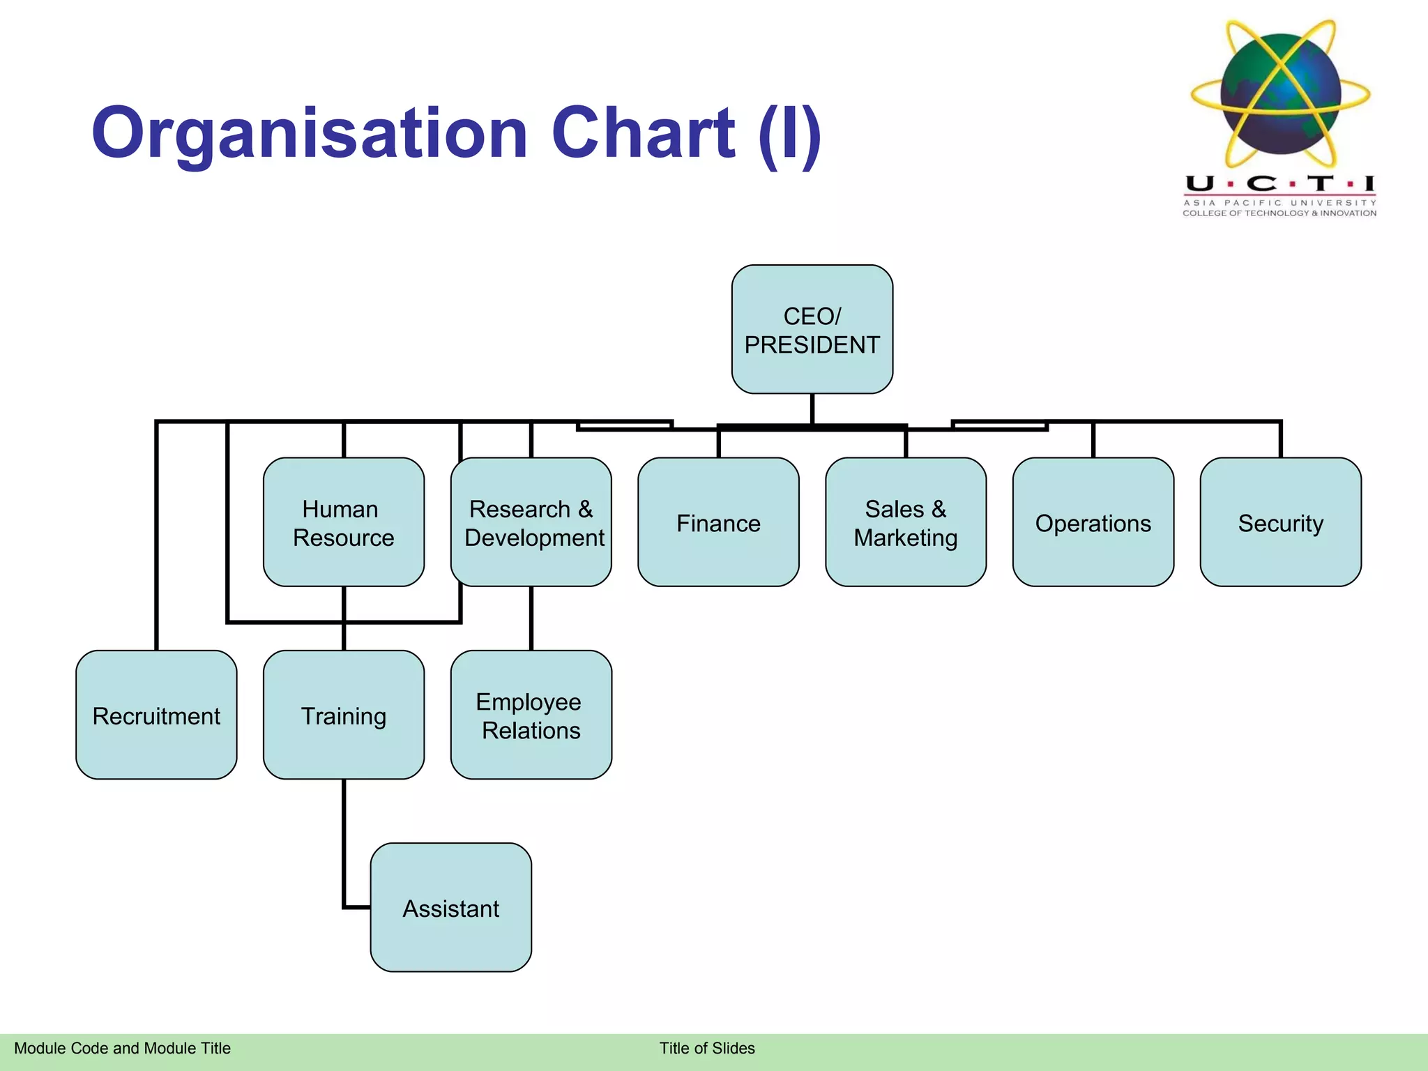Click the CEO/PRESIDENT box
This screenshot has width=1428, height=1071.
tap(812, 329)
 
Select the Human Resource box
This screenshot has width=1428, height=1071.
tap(343, 522)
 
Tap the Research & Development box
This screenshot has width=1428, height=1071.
tap(531, 522)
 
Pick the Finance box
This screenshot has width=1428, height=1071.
tap(718, 522)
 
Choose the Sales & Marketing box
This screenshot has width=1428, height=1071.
tap(905, 522)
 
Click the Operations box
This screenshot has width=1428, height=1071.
tap(1093, 522)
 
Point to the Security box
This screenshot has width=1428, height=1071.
tap(1280, 522)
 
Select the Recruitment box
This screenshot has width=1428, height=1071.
tap(156, 715)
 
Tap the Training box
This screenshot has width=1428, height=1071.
tap(343, 715)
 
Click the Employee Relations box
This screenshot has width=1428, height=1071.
tap(531, 715)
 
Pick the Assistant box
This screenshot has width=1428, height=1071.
tap(450, 907)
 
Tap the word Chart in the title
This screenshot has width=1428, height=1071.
tap(643, 133)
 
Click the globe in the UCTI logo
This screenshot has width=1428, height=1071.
tap(1281, 94)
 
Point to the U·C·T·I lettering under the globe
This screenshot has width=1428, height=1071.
tap(1279, 184)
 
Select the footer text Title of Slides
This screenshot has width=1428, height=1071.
tap(707, 1048)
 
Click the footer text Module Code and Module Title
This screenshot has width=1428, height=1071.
tap(122, 1048)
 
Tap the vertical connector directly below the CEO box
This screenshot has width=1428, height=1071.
tap(812, 409)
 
